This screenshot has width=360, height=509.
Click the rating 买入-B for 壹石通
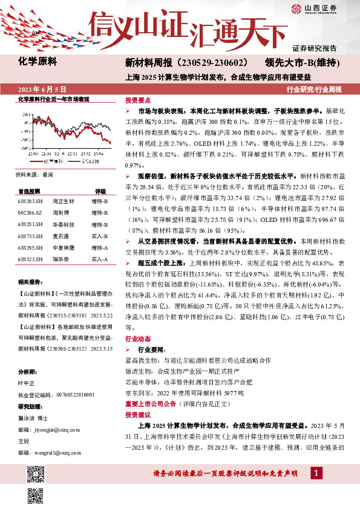(x=99, y=236)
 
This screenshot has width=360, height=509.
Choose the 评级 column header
(x=100, y=190)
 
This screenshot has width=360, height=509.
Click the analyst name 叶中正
(x=26, y=383)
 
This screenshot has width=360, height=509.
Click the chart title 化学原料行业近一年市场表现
(x=53, y=99)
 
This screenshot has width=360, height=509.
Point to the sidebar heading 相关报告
(x=29, y=282)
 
